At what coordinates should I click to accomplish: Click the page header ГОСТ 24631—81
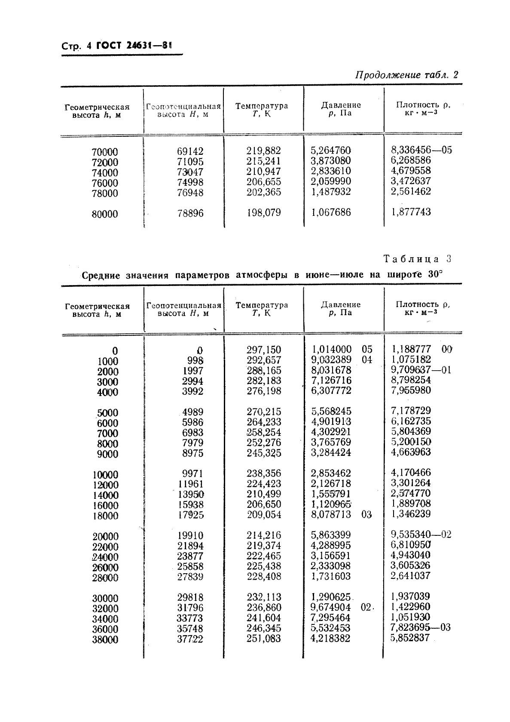point(134,46)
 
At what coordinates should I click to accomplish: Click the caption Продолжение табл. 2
point(406,75)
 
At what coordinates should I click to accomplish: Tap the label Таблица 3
point(417,259)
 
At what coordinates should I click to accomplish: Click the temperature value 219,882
point(263,151)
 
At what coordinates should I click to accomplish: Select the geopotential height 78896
point(190,213)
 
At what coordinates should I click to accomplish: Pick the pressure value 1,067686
point(330,212)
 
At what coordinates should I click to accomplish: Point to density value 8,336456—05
point(421,150)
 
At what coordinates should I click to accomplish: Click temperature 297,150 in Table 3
point(263,350)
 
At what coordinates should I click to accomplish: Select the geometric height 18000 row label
point(105,516)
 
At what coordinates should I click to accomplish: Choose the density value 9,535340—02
point(421,535)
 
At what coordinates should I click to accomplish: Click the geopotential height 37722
point(190,639)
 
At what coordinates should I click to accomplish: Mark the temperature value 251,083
point(263,639)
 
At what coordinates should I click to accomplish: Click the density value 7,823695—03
point(420,627)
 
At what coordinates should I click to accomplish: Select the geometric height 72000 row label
point(105,163)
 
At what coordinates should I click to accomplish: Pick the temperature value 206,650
point(263,504)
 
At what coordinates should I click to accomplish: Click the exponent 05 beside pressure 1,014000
point(367,349)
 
